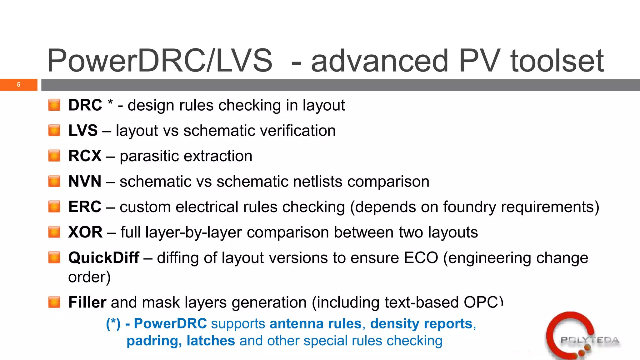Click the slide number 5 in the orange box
pyautogui.click(x=19, y=85)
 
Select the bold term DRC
pyautogui.click(x=85, y=105)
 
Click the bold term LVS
pyautogui.click(x=83, y=130)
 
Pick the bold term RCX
pyautogui.click(x=85, y=156)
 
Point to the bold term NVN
pyautogui.click(x=85, y=181)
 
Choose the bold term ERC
pyautogui.click(x=85, y=207)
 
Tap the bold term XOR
pyautogui.click(x=85, y=232)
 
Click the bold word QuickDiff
pyautogui.click(x=104, y=258)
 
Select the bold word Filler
pyautogui.click(x=87, y=302)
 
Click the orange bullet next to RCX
pyautogui.click(x=54, y=156)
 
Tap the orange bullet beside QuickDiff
pyautogui.click(x=54, y=257)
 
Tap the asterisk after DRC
pyautogui.click(x=110, y=102)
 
